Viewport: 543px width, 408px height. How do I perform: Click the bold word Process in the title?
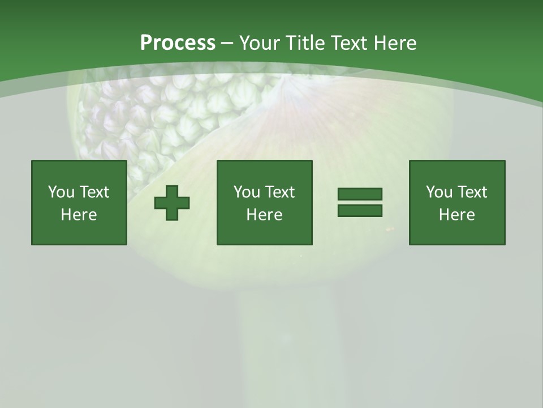(x=178, y=43)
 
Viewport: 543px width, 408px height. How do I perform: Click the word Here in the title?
(x=395, y=43)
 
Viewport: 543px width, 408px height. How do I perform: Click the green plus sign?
(x=172, y=203)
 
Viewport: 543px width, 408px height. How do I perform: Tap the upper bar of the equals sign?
(x=360, y=194)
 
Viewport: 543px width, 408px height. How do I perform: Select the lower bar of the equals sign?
(x=360, y=210)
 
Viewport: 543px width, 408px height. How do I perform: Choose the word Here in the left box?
(x=79, y=215)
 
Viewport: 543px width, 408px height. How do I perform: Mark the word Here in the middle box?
(x=264, y=215)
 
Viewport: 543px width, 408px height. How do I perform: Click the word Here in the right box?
(x=456, y=215)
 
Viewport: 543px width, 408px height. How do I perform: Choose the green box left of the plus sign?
(x=79, y=232)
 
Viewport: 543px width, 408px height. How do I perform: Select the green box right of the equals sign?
(x=456, y=232)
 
